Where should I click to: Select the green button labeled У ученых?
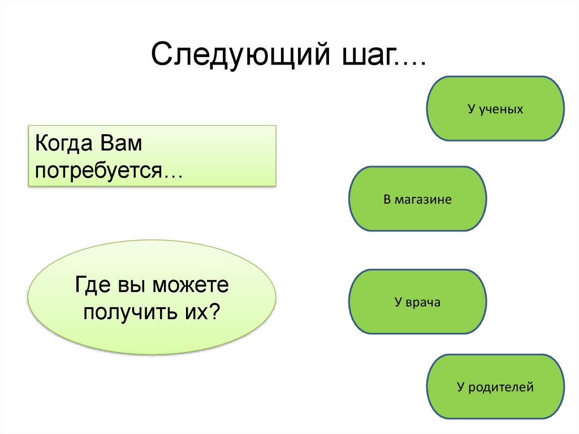495,109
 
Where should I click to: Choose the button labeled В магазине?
418,199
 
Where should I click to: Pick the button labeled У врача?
418,302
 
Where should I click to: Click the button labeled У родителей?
495,387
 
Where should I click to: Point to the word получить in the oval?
130,312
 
